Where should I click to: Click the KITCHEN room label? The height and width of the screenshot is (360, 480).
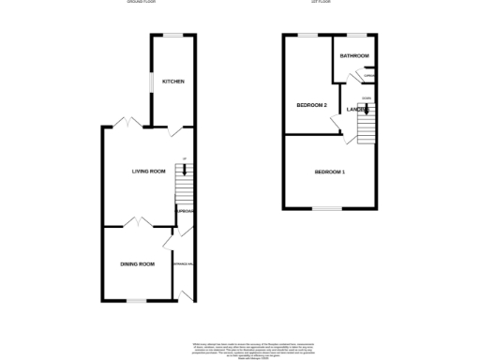172,82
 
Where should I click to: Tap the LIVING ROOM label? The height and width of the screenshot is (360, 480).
148,171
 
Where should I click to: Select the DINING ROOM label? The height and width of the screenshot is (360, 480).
137,264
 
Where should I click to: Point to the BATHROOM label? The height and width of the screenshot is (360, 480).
353,56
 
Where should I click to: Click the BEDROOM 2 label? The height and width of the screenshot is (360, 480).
311,105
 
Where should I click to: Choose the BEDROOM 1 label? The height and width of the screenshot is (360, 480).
330,172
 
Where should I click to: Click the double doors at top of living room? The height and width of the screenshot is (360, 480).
127,122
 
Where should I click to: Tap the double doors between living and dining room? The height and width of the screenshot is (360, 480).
138,222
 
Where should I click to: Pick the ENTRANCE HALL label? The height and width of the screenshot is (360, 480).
183,264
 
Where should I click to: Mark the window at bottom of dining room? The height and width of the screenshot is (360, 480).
138,301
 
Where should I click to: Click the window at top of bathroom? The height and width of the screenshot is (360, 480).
356,36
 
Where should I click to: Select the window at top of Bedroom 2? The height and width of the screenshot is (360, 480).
308,36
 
